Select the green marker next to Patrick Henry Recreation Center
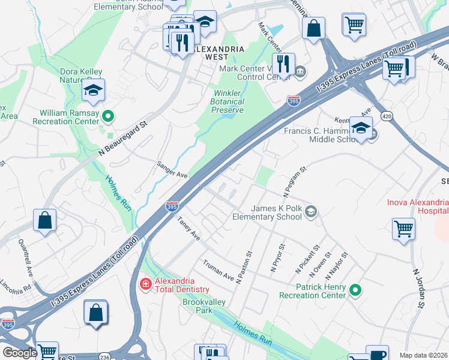coord(355,291)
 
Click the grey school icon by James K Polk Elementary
coord(311,211)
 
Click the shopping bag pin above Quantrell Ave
coord(45,220)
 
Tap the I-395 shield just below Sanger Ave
coord(172,206)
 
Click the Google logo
coord(20,353)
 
